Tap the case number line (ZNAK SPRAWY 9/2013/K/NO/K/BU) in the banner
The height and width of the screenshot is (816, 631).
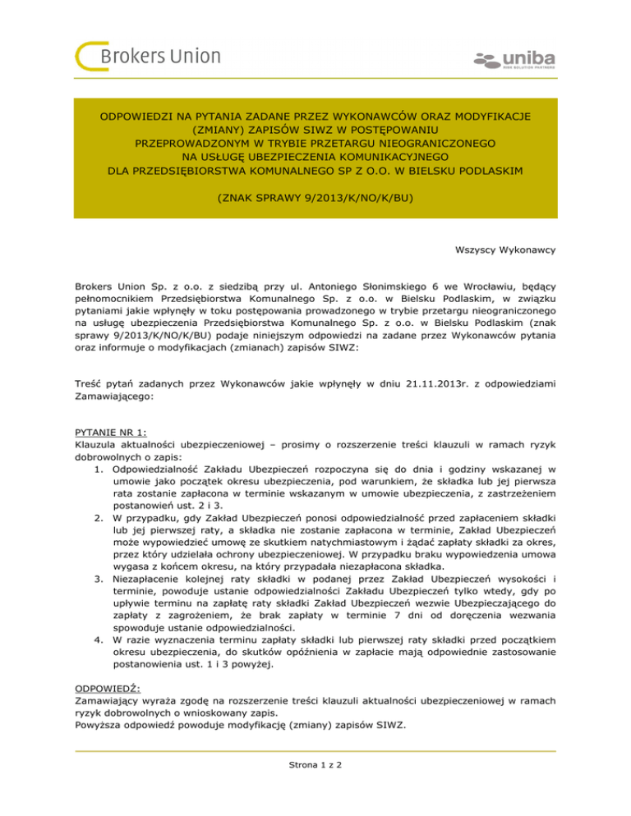point(315,198)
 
